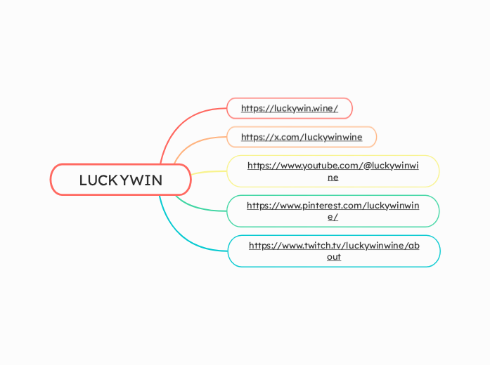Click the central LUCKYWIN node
pos(120,180)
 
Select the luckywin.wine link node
pos(289,108)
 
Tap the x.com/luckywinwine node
pos(301,137)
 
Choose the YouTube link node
pos(333,171)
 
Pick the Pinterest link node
pos(333,211)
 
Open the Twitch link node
pos(334,251)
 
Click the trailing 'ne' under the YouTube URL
pos(333,178)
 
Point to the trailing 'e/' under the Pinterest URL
pos(333,217)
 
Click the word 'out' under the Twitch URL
pos(334,257)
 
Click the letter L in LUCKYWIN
pos(83,180)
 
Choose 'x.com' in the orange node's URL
pos(285,137)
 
